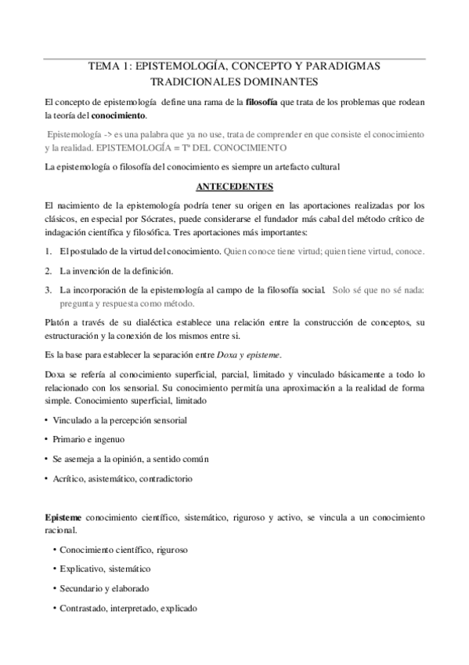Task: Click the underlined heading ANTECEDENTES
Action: (234, 187)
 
